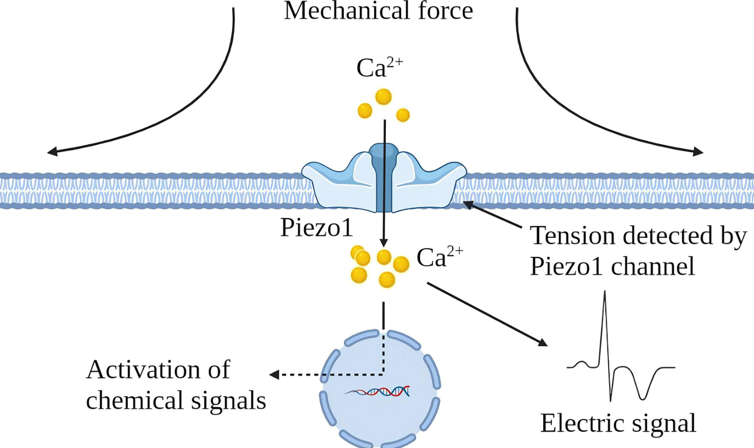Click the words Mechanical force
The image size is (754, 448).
coord(378,11)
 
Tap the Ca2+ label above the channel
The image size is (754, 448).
coord(379,68)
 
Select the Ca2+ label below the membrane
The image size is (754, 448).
coord(439,257)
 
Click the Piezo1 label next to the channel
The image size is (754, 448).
coord(317,227)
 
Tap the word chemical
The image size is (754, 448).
coord(135,400)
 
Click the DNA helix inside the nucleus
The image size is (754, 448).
coord(378,391)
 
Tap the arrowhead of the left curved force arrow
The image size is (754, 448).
coord(51,152)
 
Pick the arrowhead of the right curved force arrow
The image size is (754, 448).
coord(699,152)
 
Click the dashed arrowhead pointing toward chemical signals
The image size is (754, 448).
coord(274,374)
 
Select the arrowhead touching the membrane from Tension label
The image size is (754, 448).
coord(466,204)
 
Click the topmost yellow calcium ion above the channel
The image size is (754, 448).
coord(383,97)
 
